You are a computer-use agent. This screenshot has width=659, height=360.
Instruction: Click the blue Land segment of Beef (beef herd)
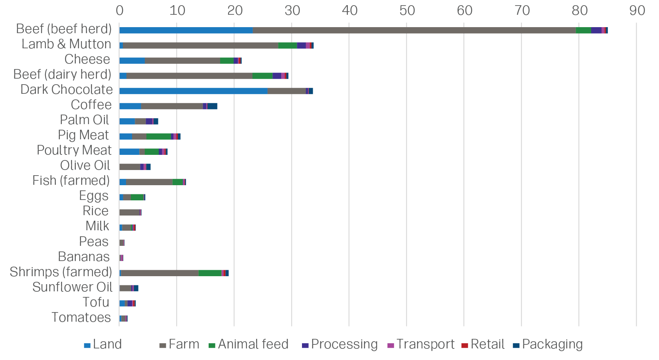[x=186, y=30]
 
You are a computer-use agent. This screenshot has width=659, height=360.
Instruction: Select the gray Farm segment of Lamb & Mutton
[x=200, y=45]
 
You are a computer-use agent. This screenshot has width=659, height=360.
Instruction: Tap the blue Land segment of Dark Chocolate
[x=193, y=91]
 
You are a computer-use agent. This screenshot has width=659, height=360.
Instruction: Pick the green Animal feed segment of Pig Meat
[x=159, y=136]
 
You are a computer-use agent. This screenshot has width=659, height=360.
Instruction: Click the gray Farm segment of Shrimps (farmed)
[x=160, y=273]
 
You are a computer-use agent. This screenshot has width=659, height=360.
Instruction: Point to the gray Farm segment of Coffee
[x=172, y=106]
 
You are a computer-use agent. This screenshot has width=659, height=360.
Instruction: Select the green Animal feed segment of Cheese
[x=227, y=61]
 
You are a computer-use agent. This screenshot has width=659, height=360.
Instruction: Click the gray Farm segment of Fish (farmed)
[x=149, y=182]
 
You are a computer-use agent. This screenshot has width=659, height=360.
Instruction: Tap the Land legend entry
[x=103, y=344]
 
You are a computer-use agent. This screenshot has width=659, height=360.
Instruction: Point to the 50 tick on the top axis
[x=407, y=10]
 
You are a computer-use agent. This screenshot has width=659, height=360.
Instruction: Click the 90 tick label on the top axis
[x=637, y=10]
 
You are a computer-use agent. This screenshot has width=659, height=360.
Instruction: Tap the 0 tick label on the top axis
[x=120, y=10]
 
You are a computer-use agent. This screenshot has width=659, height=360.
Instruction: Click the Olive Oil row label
[x=85, y=165]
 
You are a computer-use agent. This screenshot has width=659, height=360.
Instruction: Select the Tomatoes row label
[x=81, y=317]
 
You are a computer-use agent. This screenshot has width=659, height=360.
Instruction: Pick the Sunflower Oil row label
[x=72, y=287]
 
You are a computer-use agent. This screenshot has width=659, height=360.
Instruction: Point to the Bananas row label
[x=84, y=257]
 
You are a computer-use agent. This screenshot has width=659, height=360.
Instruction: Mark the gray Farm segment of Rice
[x=129, y=212]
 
